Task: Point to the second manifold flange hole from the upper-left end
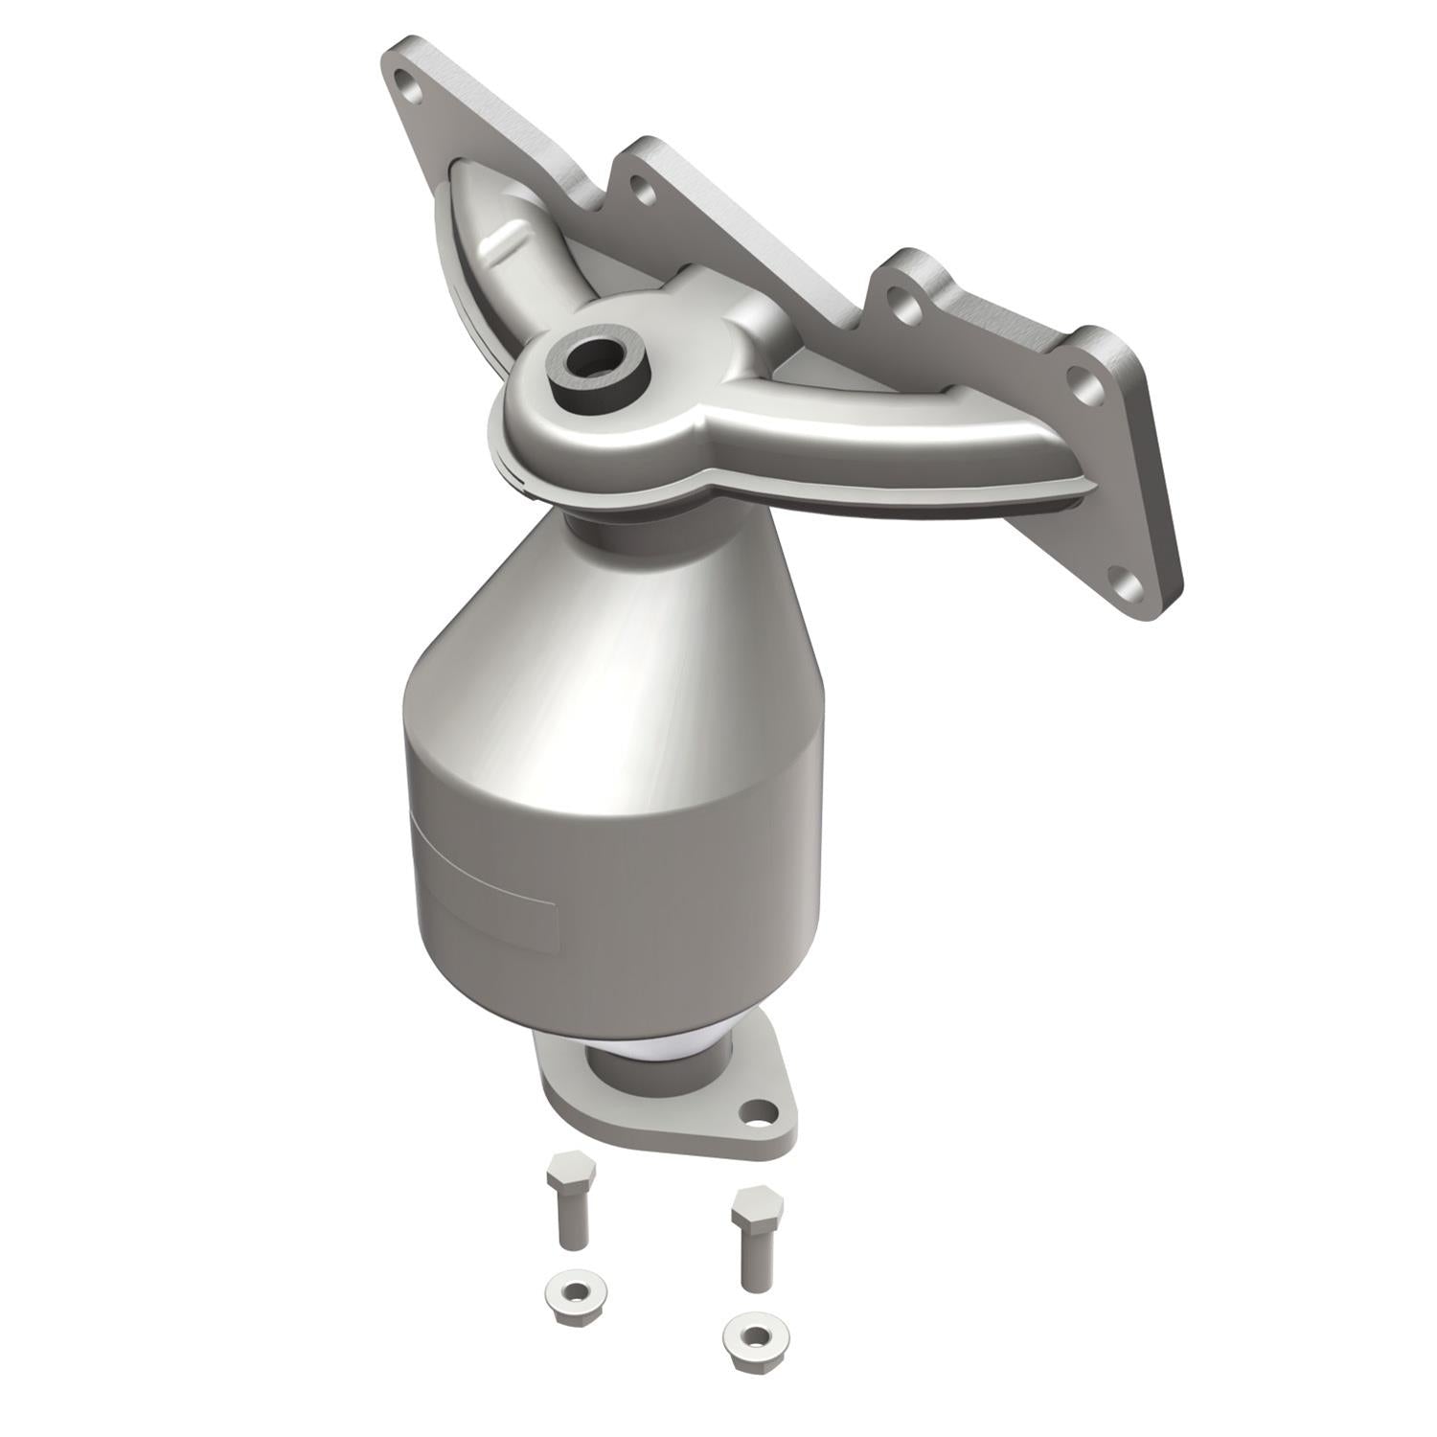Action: pyautogui.click(x=644, y=192)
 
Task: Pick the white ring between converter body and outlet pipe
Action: pyautogui.click(x=661, y=1046)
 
